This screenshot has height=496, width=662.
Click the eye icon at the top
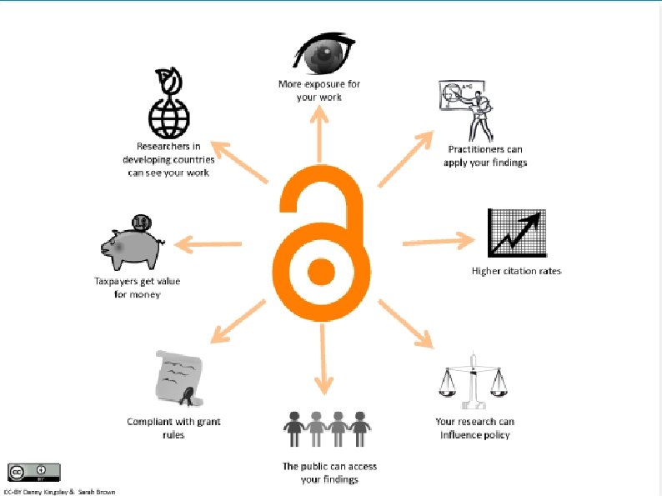point(323,53)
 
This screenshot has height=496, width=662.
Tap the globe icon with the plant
point(169,103)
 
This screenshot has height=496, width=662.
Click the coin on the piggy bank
point(142,222)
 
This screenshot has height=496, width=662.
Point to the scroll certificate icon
point(179,378)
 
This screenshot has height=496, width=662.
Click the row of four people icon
point(327,428)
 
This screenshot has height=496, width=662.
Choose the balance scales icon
point(474,382)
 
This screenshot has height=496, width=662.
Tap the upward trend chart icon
point(517,233)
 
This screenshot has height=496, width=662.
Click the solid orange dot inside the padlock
point(321,272)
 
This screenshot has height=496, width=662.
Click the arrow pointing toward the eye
point(319,134)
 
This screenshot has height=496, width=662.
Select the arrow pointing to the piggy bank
point(208,244)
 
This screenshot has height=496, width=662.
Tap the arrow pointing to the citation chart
point(439,242)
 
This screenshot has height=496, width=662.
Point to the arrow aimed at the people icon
point(323,359)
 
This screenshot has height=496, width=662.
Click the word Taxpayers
point(115,282)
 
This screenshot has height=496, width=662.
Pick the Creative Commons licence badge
point(34,473)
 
